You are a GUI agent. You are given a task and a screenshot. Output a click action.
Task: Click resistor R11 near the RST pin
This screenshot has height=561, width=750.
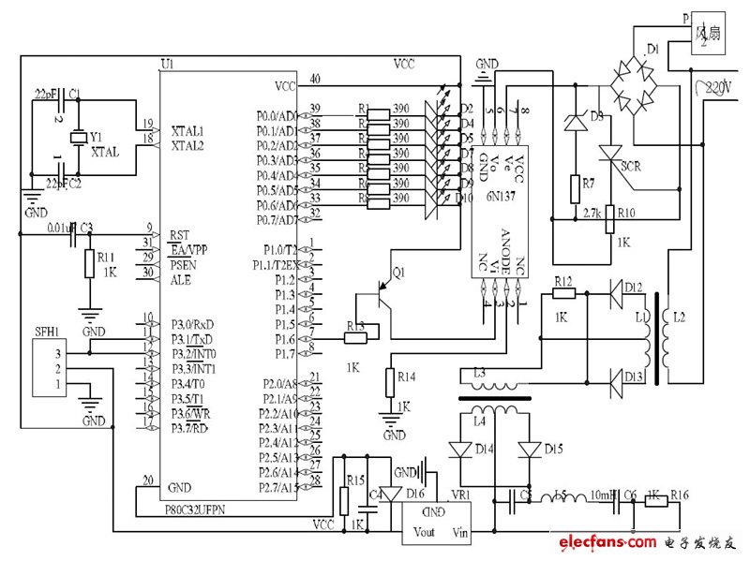[x=89, y=264]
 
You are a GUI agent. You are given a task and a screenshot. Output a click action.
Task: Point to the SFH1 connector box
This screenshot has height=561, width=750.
[x=52, y=370]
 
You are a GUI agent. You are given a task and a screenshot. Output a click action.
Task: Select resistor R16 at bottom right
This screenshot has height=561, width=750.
[x=656, y=501]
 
